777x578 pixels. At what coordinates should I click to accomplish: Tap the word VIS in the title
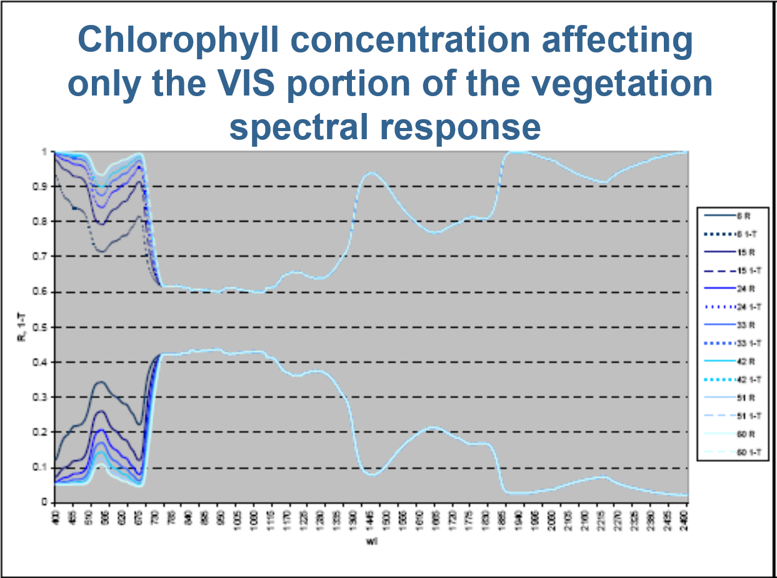(246, 84)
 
